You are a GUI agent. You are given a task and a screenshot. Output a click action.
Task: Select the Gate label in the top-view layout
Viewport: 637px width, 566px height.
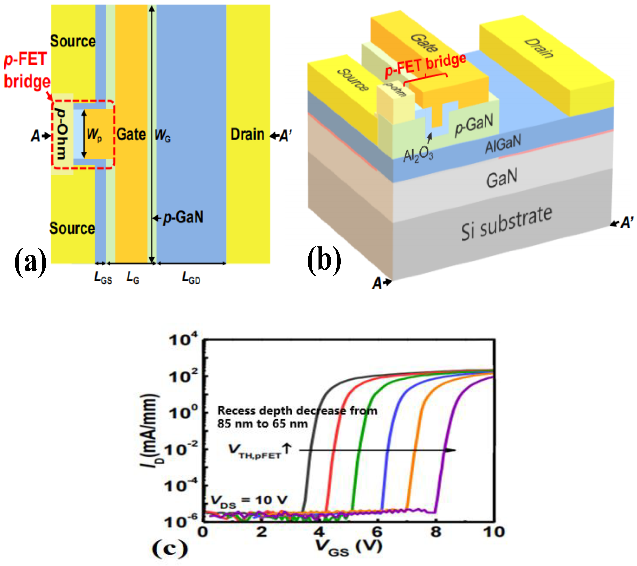[131, 135]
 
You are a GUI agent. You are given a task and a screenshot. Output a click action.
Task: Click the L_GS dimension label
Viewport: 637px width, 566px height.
[103, 277]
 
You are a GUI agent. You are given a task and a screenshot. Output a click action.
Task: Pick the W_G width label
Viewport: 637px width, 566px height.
[162, 135]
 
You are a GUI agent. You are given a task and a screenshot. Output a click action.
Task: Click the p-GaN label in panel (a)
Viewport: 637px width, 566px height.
[183, 217]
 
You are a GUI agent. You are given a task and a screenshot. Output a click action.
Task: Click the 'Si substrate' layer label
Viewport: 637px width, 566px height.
[506, 223]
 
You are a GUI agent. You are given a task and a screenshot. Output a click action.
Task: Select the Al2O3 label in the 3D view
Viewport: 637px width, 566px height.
[418, 155]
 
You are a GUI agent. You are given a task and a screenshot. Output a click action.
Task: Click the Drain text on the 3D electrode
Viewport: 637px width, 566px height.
[539, 48]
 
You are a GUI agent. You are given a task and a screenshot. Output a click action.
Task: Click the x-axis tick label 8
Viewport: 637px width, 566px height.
[436, 532]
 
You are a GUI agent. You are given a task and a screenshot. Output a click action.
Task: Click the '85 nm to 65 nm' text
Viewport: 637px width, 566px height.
[262, 424]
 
